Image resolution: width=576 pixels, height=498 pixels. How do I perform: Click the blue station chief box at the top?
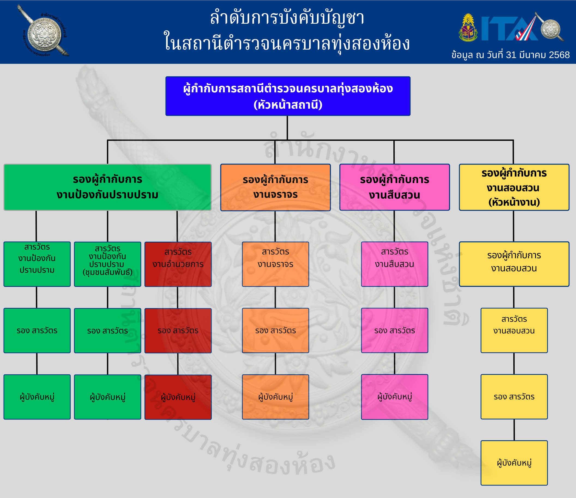pyautogui.click(x=288, y=96)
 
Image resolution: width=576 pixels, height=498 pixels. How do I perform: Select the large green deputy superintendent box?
pyautogui.click(x=108, y=187)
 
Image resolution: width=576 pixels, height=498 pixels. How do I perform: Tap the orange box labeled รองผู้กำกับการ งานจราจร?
pyautogui.click(x=275, y=187)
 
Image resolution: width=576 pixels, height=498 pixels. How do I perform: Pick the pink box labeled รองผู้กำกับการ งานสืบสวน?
pyautogui.click(x=394, y=187)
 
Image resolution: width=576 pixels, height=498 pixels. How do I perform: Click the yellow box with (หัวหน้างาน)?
pyautogui.click(x=514, y=187)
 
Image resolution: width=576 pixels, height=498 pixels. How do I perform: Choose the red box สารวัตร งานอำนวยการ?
pyautogui.click(x=178, y=264)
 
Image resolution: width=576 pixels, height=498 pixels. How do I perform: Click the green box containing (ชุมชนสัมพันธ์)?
pyautogui.click(x=108, y=264)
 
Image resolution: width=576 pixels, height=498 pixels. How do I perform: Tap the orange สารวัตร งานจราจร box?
pyautogui.click(x=275, y=264)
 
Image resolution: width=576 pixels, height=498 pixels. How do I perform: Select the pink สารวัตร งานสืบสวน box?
pyautogui.click(x=394, y=264)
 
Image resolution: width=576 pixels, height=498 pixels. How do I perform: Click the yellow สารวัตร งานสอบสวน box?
pyautogui.click(x=514, y=330)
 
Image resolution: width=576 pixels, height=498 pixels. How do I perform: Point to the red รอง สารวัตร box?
pyautogui.click(x=178, y=330)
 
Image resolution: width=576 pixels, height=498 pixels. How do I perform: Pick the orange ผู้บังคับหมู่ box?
pyautogui.click(x=275, y=397)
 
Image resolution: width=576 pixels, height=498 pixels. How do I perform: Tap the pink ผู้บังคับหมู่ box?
pyautogui.click(x=394, y=397)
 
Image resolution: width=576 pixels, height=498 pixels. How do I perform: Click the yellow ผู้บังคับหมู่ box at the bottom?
pyautogui.click(x=514, y=463)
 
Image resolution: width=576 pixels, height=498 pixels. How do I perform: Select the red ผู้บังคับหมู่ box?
pyautogui.click(x=178, y=397)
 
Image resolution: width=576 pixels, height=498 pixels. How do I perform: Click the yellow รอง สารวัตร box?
pyautogui.click(x=514, y=397)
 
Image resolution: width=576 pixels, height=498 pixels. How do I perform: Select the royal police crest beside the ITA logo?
pyautogui.click(x=468, y=28)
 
